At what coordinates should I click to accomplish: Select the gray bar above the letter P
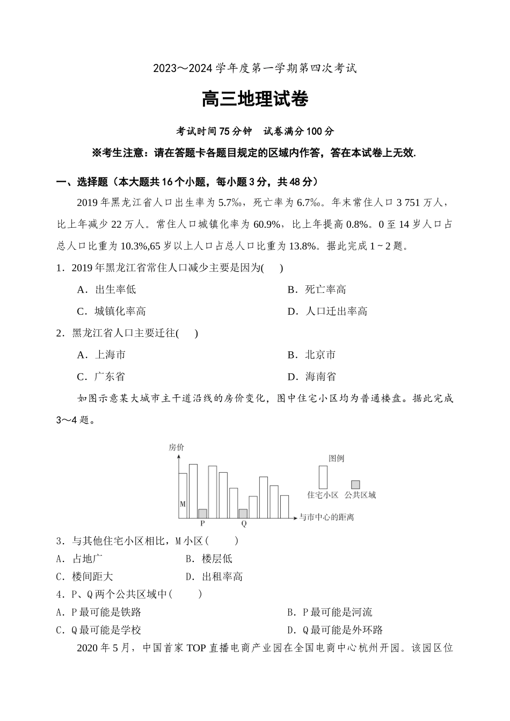coord(202,513)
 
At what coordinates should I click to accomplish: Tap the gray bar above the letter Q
coord(243,513)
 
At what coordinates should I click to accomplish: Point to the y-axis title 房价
coord(177,447)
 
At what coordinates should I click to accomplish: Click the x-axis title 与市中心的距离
coord(326,517)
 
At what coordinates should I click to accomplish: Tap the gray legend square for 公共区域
coord(355,484)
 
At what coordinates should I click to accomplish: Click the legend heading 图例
coord(336,458)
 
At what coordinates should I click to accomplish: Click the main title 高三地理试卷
coord(255,99)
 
